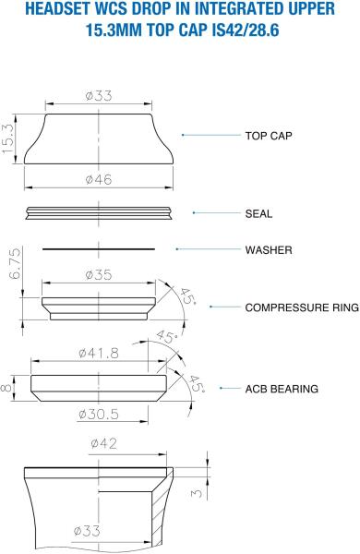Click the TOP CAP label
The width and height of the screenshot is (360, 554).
tap(269, 136)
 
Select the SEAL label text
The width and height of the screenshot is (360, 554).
tap(258, 214)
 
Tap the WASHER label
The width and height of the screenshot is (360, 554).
tap(269, 250)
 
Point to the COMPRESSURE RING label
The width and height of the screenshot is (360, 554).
tap(302, 307)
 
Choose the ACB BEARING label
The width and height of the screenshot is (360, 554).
tap(282, 389)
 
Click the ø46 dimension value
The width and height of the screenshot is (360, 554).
tap(99, 179)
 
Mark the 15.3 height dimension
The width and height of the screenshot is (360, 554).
tap(8, 138)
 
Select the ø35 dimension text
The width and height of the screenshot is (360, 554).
tap(99, 274)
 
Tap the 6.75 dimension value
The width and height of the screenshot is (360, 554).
tap(15, 263)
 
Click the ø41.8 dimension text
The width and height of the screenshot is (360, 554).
tap(99, 353)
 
